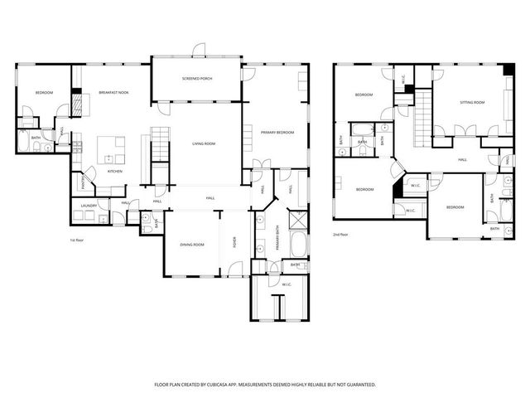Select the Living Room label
click(x=204, y=143)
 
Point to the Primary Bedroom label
click(x=278, y=132)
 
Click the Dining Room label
click(x=192, y=245)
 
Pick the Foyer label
click(x=234, y=243)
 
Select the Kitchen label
click(x=115, y=171)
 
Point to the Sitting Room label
click(x=472, y=103)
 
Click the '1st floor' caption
click(x=78, y=240)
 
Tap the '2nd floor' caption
click(x=340, y=235)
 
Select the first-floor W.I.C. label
click(x=287, y=284)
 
